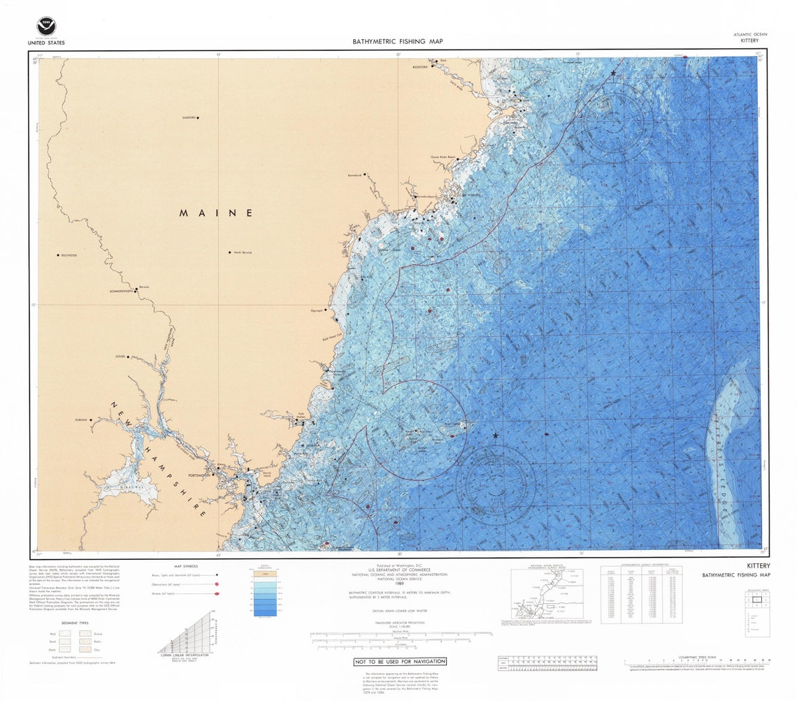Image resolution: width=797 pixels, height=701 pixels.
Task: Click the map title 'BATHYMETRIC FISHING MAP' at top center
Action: (397, 41)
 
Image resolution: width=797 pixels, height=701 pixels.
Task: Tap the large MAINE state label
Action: (215, 212)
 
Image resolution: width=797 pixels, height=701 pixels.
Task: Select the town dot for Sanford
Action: (198, 118)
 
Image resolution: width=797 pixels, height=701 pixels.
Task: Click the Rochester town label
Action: (68, 256)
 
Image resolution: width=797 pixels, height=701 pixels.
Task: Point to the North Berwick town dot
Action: (229, 252)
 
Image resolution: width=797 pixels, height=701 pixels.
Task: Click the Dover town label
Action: (120, 356)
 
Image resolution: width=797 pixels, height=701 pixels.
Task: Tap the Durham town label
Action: (85, 420)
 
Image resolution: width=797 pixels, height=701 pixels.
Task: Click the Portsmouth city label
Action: (199, 475)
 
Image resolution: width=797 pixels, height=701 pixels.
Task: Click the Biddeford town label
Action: (419, 68)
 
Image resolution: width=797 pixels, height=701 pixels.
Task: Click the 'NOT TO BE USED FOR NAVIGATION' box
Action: (399, 661)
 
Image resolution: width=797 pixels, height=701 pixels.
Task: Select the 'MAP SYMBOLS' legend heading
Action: (185, 566)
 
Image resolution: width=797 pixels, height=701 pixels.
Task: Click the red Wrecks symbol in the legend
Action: (217, 593)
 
